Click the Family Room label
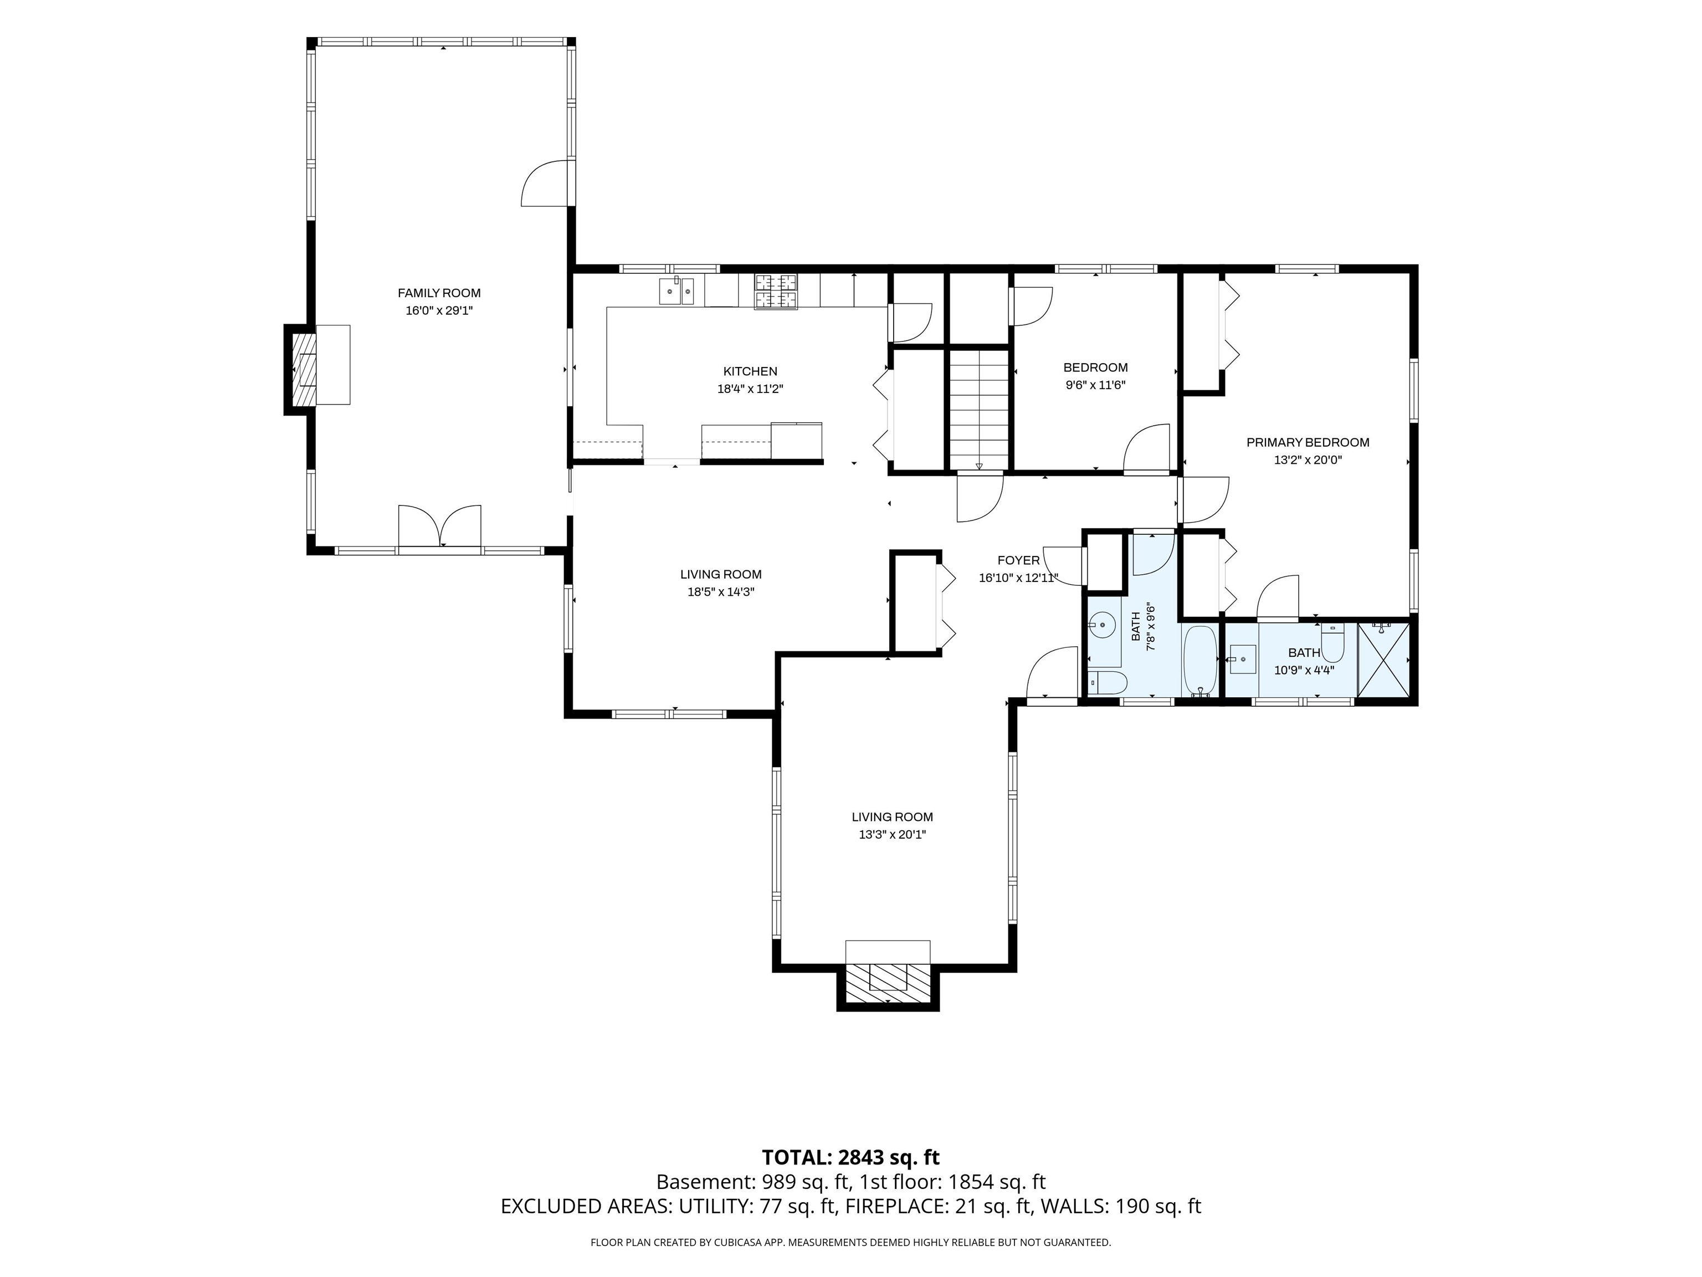coord(439,293)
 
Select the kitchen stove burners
coord(776,292)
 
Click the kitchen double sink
coord(677,291)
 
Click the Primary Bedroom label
coord(1308,443)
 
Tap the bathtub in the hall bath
coord(1199,661)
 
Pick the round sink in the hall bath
coord(1103,624)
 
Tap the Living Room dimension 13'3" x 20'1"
coord(892,834)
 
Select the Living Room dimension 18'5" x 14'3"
coord(720,592)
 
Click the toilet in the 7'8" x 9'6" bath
coord(1107,682)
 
